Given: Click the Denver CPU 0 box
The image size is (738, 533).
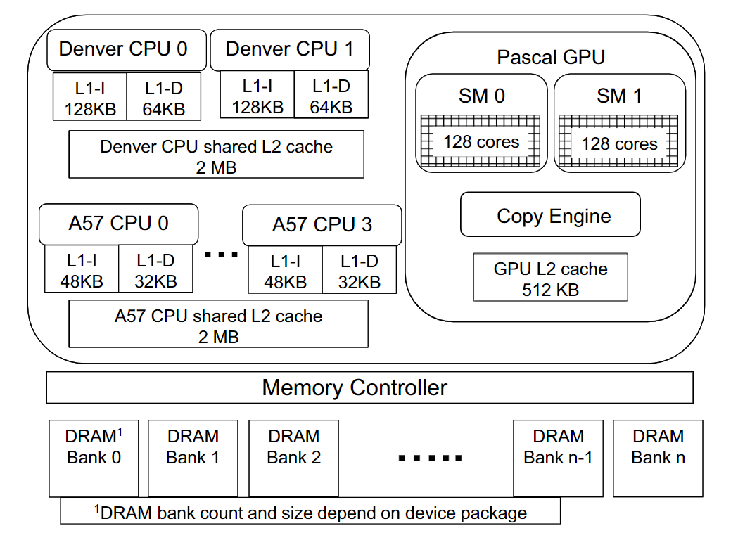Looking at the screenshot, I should [x=127, y=49].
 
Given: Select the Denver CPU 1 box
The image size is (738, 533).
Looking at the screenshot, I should [x=290, y=49].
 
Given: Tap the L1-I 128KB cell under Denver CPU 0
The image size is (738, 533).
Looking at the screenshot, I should [x=90, y=97].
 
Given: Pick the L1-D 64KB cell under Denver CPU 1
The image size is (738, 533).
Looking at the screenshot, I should [x=331, y=96].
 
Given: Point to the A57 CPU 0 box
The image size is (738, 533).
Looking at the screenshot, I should [x=118, y=224].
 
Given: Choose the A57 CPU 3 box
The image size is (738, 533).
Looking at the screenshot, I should [x=322, y=225].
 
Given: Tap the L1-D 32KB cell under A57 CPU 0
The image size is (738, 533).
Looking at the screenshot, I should [x=155, y=271].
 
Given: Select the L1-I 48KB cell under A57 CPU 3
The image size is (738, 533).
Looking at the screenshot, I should [x=285, y=271].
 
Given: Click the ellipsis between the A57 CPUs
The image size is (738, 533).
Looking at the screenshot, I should [x=221, y=255].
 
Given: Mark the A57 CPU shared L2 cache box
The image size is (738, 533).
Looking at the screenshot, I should [x=218, y=324].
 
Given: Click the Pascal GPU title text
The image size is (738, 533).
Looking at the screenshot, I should [x=551, y=57].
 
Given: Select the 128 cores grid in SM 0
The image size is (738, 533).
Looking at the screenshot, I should [x=481, y=142].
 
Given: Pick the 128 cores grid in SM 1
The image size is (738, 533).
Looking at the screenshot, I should [x=618, y=143].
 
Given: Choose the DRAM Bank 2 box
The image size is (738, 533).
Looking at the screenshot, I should [x=293, y=458].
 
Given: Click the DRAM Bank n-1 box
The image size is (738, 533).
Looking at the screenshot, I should [x=558, y=458].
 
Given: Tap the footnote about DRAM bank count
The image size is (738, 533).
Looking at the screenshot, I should [x=310, y=512].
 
